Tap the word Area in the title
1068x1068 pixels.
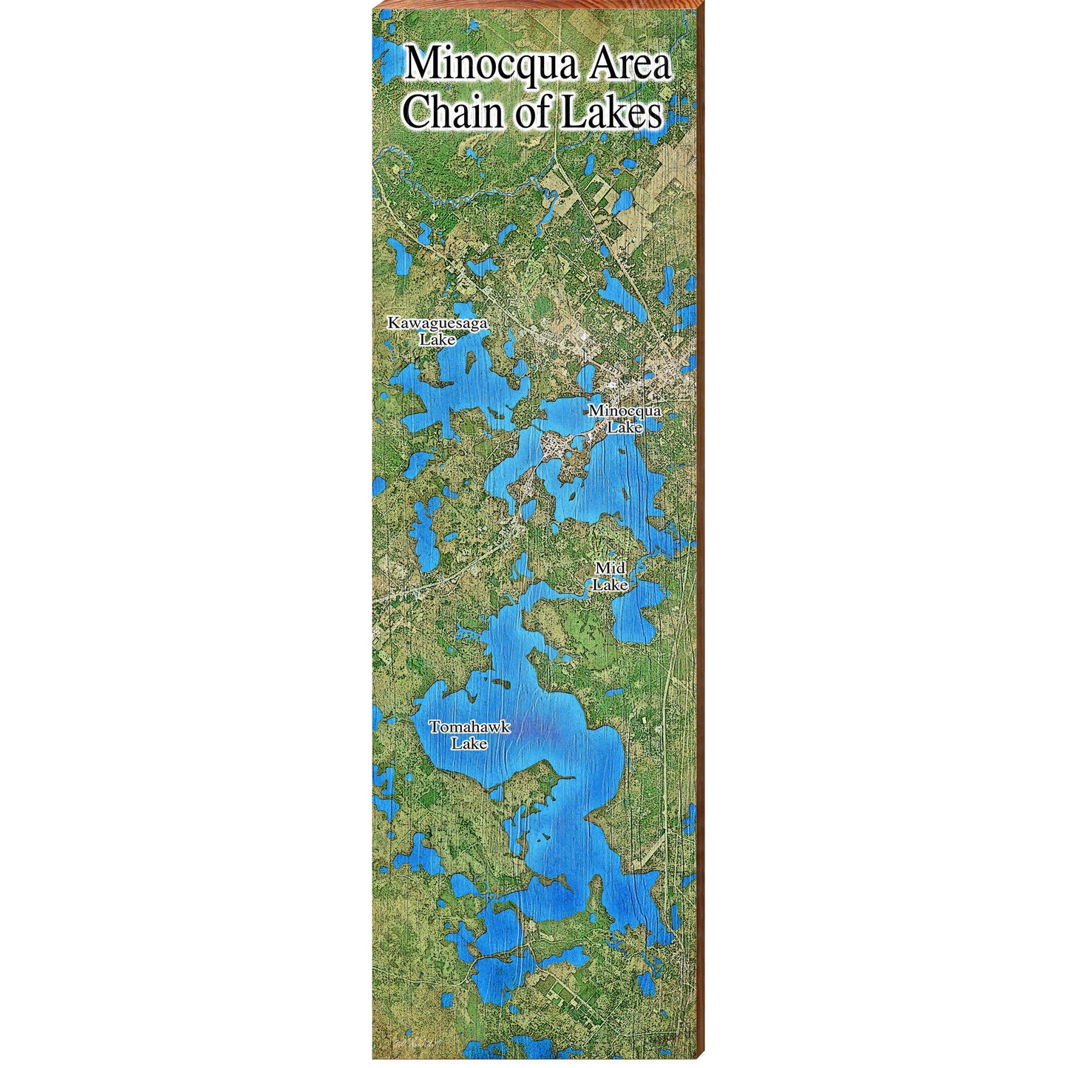pos(627,65)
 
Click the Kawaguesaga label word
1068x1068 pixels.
pos(438,323)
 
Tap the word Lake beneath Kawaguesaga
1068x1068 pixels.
pos(438,340)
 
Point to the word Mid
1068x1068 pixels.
pos(610,568)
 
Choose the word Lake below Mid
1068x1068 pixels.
pos(612,585)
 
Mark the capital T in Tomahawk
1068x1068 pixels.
pos(435,727)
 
